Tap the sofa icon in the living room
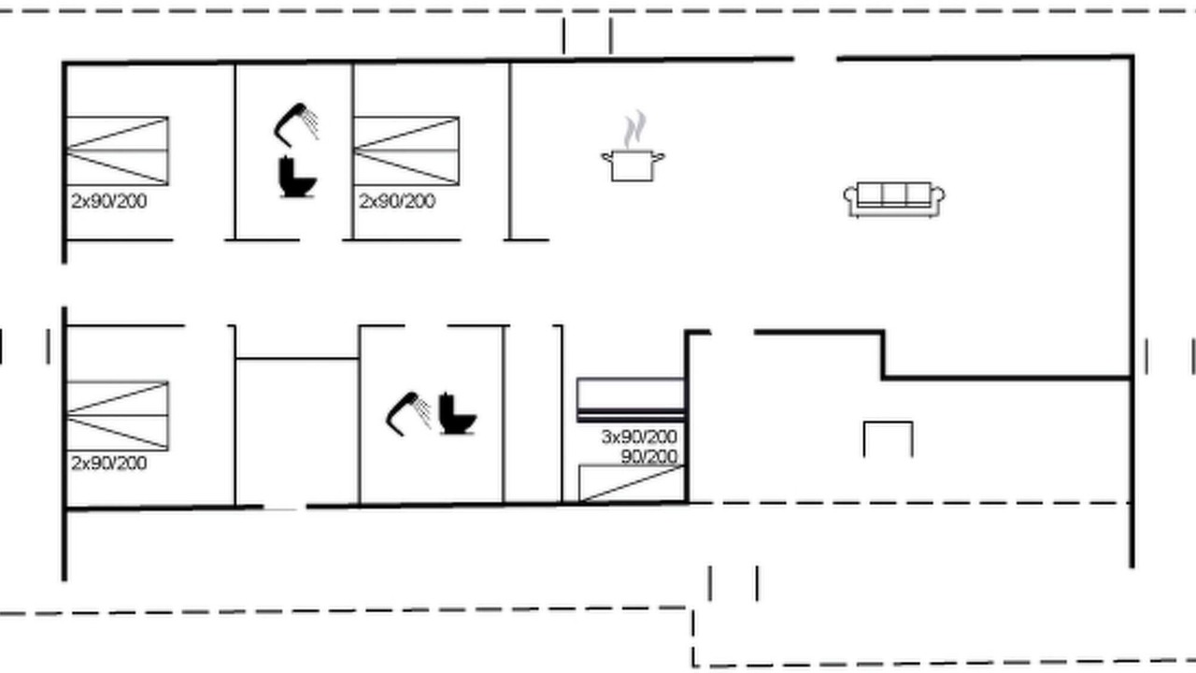[x=894, y=200]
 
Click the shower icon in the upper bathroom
[x=297, y=125]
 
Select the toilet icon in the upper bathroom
[x=297, y=177]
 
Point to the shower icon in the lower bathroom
[x=409, y=414]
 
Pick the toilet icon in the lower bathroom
[x=457, y=413]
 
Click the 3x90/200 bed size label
[x=639, y=437]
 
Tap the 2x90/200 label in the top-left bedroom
[x=109, y=201]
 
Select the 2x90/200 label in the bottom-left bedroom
[x=109, y=463]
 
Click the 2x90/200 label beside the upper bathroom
[x=397, y=201]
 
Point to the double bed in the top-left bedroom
[x=118, y=150]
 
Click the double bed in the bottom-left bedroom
[x=118, y=416]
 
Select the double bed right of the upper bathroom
[x=406, y=150]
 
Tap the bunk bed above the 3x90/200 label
[x=631, y=399]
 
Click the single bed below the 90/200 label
[x=633, y=483]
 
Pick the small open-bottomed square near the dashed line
[x=888, y=422]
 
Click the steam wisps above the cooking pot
[x=634, y=129]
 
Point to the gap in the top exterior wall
[x=816, y=58]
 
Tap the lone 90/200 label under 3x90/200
[x=649, y=457]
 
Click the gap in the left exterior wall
[x=64, y=285]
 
